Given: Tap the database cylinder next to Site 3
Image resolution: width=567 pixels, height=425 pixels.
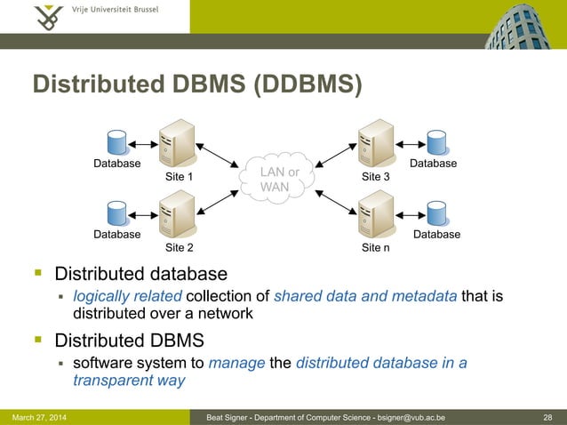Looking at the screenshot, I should pos(435,143).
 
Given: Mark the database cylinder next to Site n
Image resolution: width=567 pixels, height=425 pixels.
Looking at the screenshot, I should pos(435,213).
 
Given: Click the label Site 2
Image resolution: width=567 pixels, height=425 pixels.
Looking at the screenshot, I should pos(180,247).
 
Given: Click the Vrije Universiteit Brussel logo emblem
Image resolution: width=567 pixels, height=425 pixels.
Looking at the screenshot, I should pos(44,15).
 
